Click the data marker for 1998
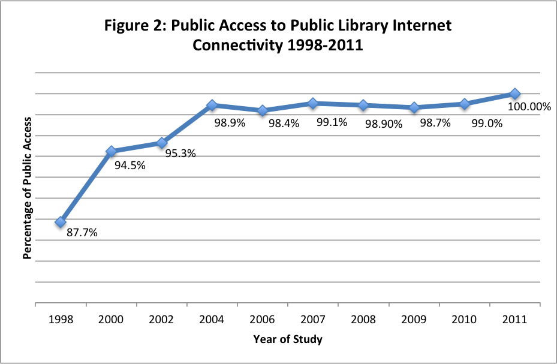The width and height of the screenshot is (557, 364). (x=61, y=222)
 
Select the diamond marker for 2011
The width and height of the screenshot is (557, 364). (x=514, y=94)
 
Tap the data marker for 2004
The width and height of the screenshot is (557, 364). (x=212, y=105)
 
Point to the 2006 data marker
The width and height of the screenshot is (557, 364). (x=262, y=110)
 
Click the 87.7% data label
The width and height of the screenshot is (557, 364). (x=82, y=233)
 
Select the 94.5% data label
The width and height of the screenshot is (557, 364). (x=130, y=166)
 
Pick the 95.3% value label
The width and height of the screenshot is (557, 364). (x=181, y=153)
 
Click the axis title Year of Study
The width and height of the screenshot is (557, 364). (x=288, y=339)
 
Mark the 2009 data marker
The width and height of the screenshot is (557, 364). (x=414, y=107)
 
